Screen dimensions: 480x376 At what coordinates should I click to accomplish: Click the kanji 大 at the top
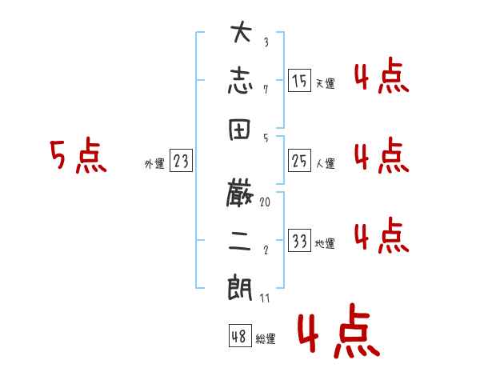click(x=240, y=36)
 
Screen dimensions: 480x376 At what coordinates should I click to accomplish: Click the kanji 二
click(x=240, y=238)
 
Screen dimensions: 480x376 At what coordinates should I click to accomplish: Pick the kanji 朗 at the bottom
click(x=240, y=286)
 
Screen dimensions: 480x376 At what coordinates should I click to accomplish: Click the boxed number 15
click(x=299, y=81)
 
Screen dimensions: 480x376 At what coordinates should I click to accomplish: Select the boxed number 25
click(x=299, y=162)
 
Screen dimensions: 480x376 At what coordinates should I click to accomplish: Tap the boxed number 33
click(x=299, y=242)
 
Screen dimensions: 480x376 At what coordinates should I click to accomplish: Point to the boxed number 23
click(x=182, y=162)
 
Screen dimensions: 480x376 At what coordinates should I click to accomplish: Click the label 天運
click(x=325, y=83)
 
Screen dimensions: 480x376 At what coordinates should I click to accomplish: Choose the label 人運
click(x=325, y=164)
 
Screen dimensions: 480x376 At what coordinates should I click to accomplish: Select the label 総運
click(x=266, y=339)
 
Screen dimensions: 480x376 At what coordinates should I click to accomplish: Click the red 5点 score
click(x=78, y=156)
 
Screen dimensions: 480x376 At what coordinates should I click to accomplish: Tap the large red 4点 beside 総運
click(x=338, y=334)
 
